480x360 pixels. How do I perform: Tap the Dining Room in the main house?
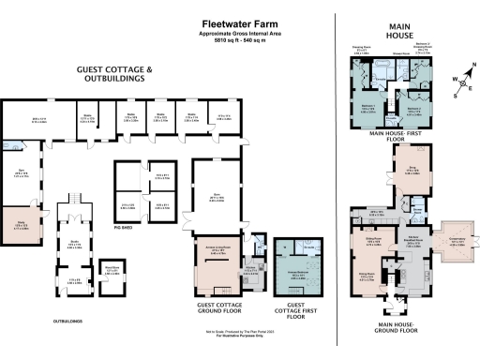tap(370, 277)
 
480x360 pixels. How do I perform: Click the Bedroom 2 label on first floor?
tap(413, 110)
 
